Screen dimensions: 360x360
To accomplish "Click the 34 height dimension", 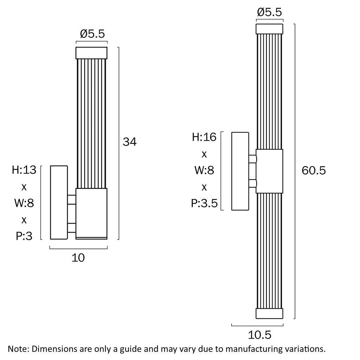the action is tap(129, 142).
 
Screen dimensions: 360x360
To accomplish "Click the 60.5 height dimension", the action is tap(314, 171).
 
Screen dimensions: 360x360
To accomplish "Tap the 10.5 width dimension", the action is tap(260, 335).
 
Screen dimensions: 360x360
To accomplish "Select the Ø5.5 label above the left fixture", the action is tap(92, 34).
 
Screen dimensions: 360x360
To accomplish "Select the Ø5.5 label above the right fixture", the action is tap(269, 12).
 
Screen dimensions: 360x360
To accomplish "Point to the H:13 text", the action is tap(24, 170).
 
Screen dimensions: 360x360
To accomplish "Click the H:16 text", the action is tap(204, 137).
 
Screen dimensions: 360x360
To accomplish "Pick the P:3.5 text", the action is tap(204, 203).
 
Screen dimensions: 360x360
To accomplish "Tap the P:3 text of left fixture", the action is tap(24, 236).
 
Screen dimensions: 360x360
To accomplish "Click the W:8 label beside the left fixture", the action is tap(24, 203).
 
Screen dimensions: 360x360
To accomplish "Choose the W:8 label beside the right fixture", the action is tap(204, 170).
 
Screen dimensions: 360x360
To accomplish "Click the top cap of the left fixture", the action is tap(92, 53).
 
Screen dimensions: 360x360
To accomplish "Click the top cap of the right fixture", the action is tap(269, 29).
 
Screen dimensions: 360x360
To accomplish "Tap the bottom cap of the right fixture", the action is tap(269, 314).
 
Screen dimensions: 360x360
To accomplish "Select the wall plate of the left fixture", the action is tap(59, 202).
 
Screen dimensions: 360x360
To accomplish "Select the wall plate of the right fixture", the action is tap(240, 171).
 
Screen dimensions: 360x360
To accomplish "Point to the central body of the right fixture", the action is tap(269, 171).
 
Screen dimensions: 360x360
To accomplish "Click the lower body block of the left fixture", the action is tap(92, 214).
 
